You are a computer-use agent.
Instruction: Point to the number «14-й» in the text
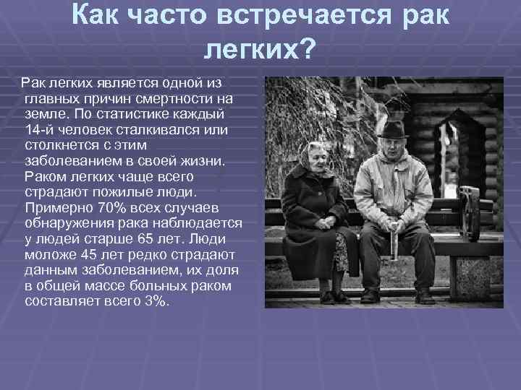click(x=38, y=129)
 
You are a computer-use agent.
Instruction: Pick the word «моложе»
click(x=48, y=254)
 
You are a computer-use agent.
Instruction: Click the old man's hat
click(x=393, y=129)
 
